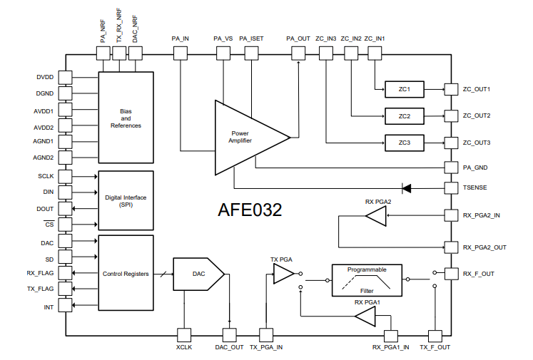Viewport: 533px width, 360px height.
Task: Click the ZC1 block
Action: coord(404,89)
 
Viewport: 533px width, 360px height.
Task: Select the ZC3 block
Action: coord(404,143)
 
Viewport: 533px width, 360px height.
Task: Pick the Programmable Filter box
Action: coord(367,280)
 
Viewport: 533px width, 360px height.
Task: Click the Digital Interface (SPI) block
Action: coord(126,201)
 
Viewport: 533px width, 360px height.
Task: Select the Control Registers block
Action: coord(126,273)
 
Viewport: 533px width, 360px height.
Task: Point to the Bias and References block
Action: coord(126,118)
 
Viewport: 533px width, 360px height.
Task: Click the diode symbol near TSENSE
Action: coord(407,188)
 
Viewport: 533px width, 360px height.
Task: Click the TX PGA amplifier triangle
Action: coord(283,274)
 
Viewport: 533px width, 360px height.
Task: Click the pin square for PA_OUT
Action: coord(298,53)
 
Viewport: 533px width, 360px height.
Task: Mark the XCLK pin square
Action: coord(184,335)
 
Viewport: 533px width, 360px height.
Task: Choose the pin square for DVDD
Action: coord(65,78)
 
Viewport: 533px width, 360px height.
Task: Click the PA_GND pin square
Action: coord(451,168)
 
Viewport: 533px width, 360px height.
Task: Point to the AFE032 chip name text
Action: coord(250,210)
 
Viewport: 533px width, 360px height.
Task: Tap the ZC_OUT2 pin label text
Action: coord(477,115)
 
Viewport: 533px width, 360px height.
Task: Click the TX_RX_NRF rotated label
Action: coord(119,26)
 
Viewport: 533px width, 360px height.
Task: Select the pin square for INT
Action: coord(65,305)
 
